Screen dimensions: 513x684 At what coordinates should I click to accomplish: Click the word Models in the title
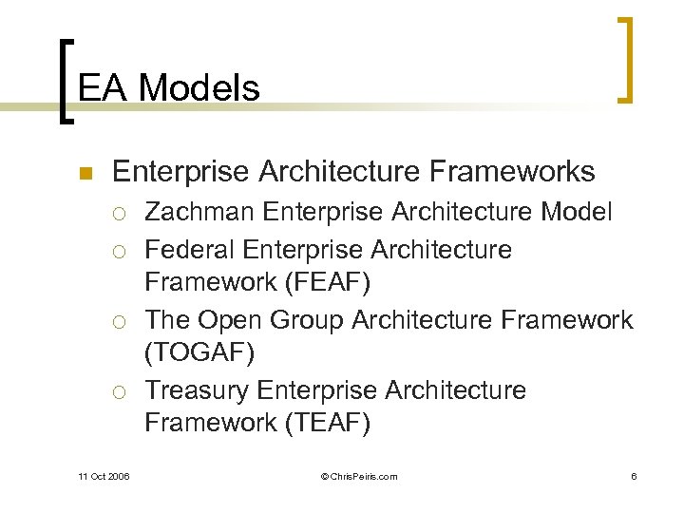click(x=199, y=88)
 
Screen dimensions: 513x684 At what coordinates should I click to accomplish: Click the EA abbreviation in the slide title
click(x=104, y=88)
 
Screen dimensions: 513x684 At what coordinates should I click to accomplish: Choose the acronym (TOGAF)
click(x=199, y=352)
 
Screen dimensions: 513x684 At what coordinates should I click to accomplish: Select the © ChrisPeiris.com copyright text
click(x=359, y=476)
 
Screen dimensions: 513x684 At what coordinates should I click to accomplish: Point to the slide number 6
click(x=633, y=476)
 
